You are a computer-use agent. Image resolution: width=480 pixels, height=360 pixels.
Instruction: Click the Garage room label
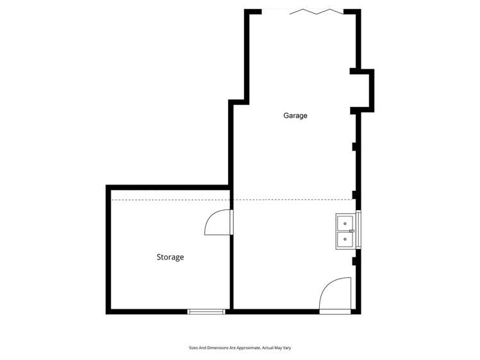pyautogui.click(x=295, y=116)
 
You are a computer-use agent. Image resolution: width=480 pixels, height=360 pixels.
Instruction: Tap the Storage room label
pyautogui.click(x=170, y=257)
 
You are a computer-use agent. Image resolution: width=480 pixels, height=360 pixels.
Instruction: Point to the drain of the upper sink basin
pyautogui.click(x=345, y=222)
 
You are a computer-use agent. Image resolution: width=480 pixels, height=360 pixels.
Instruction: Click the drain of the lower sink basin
pyautogui.click(x=345, y=239)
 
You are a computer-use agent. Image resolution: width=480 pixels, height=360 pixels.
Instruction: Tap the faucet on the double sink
pyautogui.click(x=352, y=231)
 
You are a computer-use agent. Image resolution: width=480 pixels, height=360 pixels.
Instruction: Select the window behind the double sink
pyautogui.click(x=359, y=229)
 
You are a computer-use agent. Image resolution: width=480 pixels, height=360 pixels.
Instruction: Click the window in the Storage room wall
pyautogui.click(x=206, y=311)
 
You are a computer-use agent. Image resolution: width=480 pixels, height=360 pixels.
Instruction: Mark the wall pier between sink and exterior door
pyautogui.click(x=354, y=261)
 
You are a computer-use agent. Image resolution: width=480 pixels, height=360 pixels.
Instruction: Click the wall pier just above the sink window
pyautogui.click(x=354, y=195)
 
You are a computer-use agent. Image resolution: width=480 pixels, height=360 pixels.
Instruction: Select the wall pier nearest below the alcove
pyautogui.click(x=354, y=147)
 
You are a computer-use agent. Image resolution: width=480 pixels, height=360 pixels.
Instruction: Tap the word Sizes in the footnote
pyautogui.click(x=192, y=348)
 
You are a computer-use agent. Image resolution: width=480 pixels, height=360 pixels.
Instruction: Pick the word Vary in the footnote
pyautogui.click(x=288, y=348)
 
